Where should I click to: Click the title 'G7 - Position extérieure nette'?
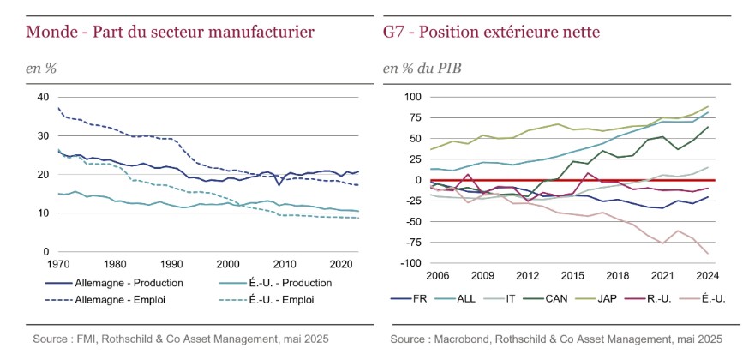tap(491, 33)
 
